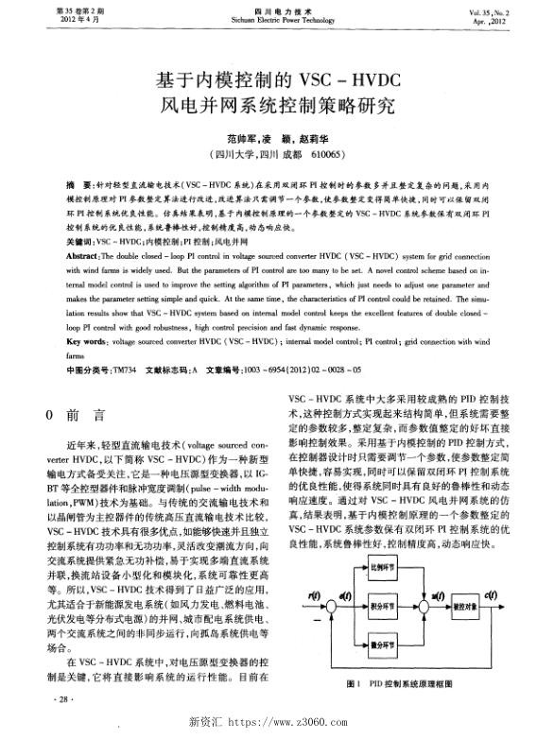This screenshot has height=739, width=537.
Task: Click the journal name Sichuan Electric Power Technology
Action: (x=268, y=17)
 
